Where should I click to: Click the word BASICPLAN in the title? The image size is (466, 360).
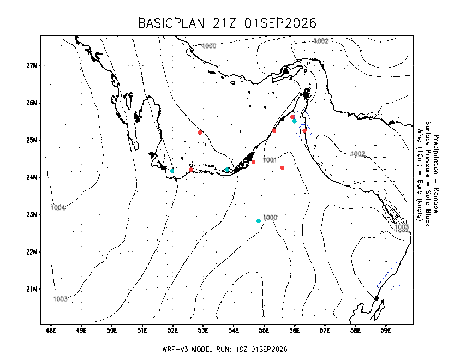click(x=171, y=23)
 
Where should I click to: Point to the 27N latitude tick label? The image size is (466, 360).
click(x=32, y=65)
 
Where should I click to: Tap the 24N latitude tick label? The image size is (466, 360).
click(x=32, y=177)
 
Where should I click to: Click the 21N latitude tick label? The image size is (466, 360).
click(x=32, y=289)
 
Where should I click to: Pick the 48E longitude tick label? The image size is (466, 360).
click(x=51, y=331)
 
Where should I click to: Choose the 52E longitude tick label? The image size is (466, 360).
click(x=172, y=331)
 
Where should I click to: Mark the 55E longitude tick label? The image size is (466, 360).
click(x=264, y=331)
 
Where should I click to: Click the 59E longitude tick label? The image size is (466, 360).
click(x=386, y=331)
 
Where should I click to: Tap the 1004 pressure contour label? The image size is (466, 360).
click(x=58, y=208)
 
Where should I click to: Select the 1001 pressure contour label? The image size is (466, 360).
click(x=270, y=160)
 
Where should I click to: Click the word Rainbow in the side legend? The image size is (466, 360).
click(x=436, y=200)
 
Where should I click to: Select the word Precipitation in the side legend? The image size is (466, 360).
click(x=436, y=154)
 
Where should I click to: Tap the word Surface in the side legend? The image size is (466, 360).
click(x=428, y=133)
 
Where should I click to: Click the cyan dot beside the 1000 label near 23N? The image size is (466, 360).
click(x=259, y=221)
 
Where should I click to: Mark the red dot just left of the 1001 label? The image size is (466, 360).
click(x=253, y=162)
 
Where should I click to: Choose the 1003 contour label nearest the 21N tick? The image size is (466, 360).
click(x=61, y=299)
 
